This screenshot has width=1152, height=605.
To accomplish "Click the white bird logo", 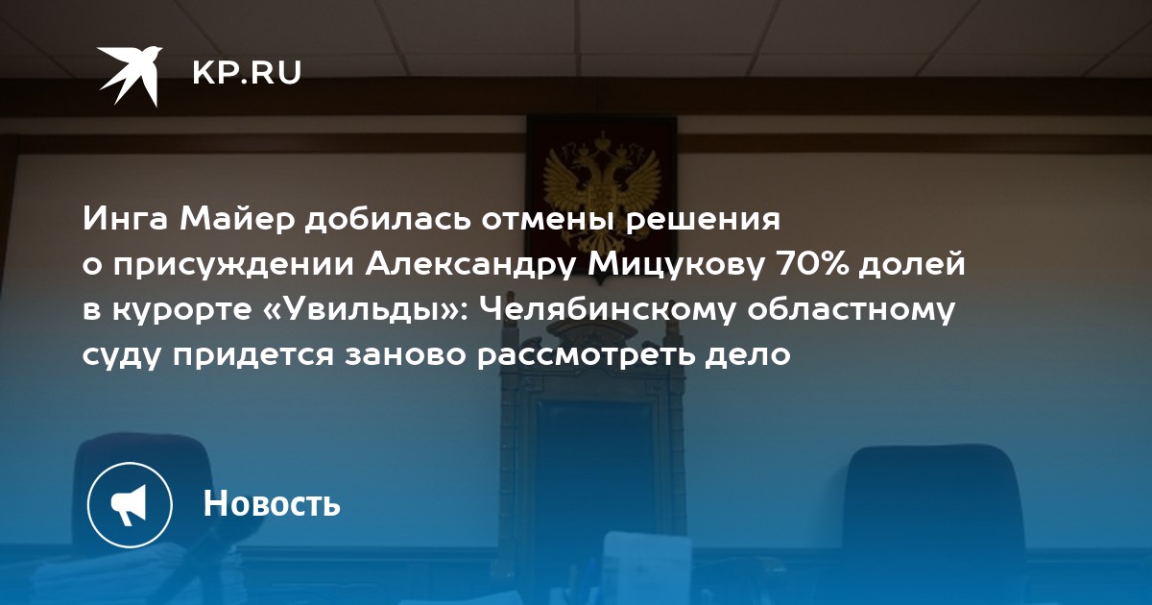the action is click(x=130, y=76).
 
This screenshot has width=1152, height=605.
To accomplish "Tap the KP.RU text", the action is click(x=247, y=73).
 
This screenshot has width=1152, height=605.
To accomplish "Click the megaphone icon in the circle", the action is click(x=129, y=505).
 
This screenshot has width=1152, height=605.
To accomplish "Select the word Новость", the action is click(x=272, y=502).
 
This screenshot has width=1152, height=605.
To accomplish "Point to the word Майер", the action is click(x=237, y=219).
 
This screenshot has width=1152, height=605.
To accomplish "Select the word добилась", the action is click(x=388, y=219).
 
